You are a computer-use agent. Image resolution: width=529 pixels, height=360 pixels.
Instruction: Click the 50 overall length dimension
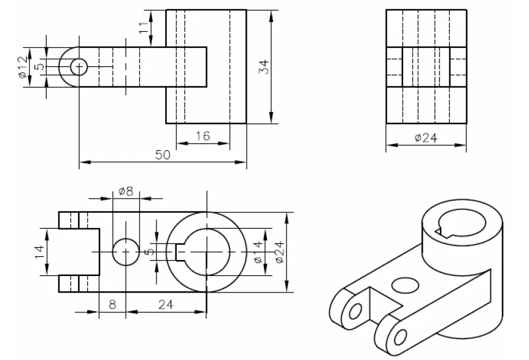tap(162, 155)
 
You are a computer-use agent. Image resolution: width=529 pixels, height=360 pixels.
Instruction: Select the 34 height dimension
tap(264, 66)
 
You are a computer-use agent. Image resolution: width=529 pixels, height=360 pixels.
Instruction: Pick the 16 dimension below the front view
tap(203, 136)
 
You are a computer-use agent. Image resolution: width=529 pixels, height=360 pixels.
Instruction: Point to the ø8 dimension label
tap(125, 191)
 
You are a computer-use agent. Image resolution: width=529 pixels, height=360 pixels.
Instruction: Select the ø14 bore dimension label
tap(258, 252)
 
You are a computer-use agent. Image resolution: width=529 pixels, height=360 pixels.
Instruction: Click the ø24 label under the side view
tap(425, 138)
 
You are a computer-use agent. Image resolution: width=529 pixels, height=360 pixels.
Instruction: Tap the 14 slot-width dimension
tap(38, 251)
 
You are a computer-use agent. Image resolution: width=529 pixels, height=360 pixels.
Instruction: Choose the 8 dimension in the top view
tap(112, 303)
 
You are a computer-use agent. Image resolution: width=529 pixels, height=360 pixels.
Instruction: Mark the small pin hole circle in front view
tap(79, 66)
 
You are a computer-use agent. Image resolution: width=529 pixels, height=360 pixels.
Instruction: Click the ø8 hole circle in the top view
tap(125, 252)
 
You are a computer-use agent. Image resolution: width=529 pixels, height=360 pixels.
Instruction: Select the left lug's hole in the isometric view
tap(354, 312)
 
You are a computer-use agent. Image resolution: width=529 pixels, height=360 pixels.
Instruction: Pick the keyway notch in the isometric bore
tap(441, 231)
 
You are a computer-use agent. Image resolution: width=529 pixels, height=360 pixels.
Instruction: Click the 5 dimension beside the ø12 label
tap(39, 66)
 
